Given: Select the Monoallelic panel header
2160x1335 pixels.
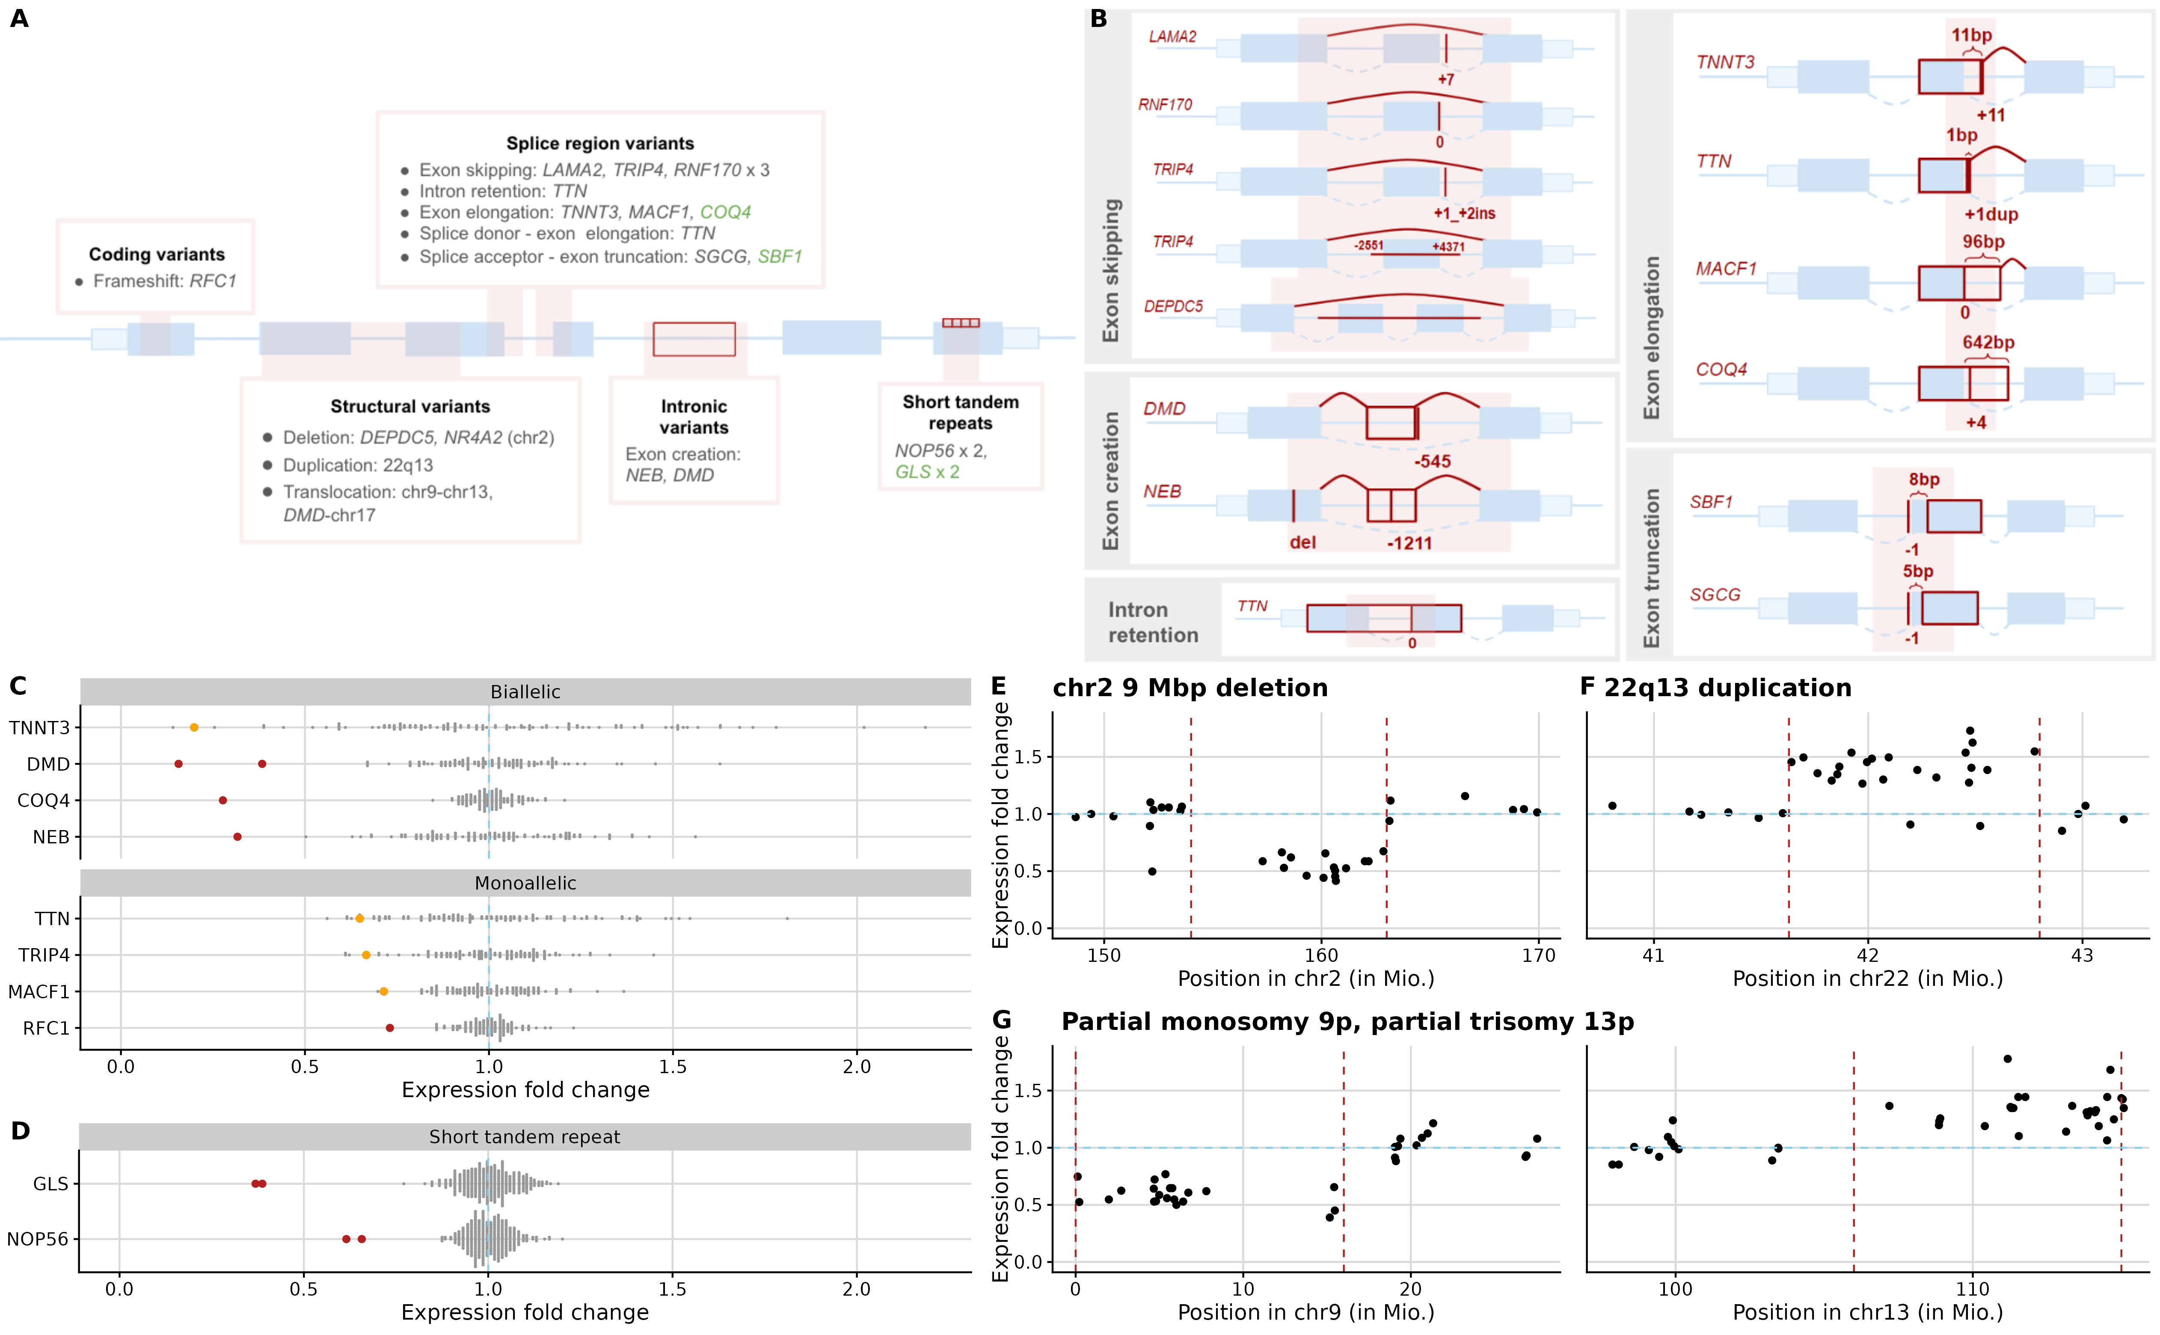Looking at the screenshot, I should click(x=525, y=883).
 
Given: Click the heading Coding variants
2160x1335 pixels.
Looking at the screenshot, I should click(x=156, y=254).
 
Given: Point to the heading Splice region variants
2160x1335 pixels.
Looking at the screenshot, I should click(x=599, y=143).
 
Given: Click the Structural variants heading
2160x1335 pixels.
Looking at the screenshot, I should click(x=409, y=406).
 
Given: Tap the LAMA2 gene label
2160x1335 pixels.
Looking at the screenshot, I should click(x=1172, y=36).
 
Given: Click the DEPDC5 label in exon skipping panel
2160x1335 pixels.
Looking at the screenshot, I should click(x=1173, y=306).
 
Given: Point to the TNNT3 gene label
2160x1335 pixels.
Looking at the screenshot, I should click(x=1725, y=62).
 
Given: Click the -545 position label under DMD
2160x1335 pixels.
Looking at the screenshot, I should click(x=1432, y=461).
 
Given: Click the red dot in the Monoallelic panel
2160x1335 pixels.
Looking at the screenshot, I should click(x=390, y=1028).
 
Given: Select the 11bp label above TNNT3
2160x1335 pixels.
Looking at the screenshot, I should click(x=1971, y=36).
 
